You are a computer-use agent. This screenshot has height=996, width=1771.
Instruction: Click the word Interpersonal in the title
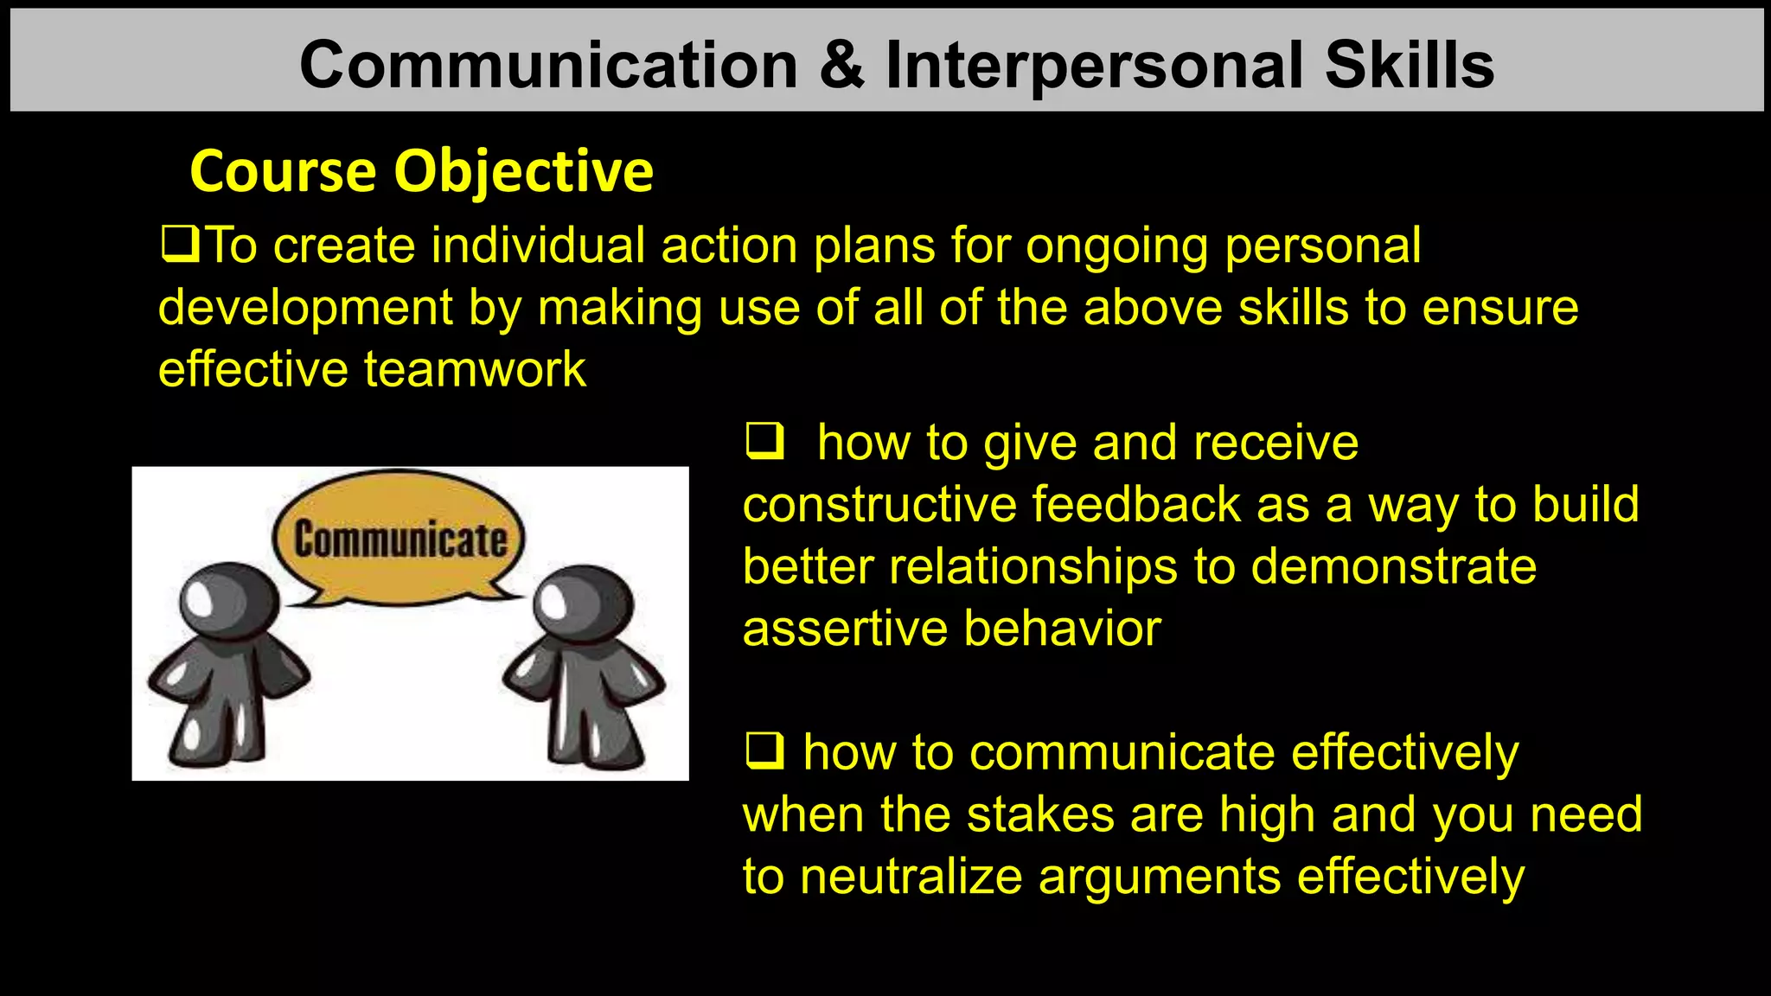point(1094,66)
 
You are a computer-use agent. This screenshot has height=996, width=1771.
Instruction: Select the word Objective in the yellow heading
point(523,172)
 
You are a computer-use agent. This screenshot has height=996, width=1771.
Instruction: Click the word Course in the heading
point(282,172)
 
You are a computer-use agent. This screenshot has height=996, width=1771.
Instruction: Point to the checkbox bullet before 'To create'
point(180,245)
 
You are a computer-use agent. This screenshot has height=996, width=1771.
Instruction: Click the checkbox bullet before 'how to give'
point(764,442)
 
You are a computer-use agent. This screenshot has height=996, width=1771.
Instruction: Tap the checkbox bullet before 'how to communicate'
point(764,750)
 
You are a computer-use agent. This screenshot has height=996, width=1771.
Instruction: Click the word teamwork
point(475,369)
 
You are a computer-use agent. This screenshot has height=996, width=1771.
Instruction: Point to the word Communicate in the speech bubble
point(400,539)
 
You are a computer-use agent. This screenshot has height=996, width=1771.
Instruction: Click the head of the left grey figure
point(228,602)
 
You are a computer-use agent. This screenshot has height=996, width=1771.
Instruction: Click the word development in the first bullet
point(305,308)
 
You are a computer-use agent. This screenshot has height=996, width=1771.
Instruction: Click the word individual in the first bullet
point(538,246)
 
